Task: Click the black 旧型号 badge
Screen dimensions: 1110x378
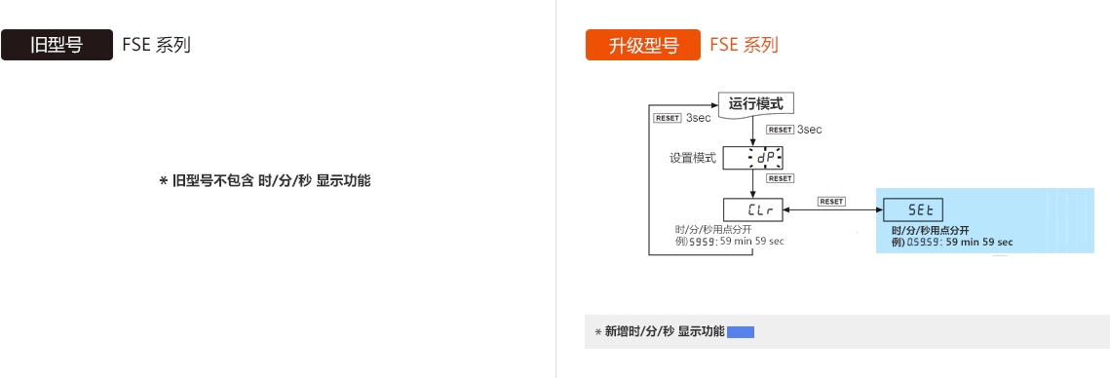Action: pos(57,45)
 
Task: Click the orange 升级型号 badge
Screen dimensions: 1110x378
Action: pos(642,45)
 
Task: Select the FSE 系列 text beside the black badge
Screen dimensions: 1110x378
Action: pos(156,45)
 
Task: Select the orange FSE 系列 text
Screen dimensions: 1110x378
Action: pos(744,45)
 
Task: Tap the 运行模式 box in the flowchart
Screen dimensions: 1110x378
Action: pos(755,103)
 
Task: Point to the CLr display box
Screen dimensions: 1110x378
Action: pos(753,208)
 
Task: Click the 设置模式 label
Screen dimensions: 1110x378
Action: pos(693,158)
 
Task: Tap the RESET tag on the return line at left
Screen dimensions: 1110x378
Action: pos(668,118)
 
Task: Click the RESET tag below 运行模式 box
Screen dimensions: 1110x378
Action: pos(780,130)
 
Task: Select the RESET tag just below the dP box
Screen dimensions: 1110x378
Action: pos(780,179)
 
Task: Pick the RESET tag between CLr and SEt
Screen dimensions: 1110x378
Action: pos(831,201)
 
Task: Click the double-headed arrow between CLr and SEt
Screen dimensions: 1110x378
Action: pos(833,209)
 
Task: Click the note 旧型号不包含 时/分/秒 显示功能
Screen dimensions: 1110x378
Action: pos(264,181)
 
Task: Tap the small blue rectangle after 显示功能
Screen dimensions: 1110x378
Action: pos(741,332)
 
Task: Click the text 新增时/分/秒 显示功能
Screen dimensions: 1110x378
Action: pos(665,332)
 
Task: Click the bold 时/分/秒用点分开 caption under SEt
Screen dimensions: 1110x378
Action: pos(930,230)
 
